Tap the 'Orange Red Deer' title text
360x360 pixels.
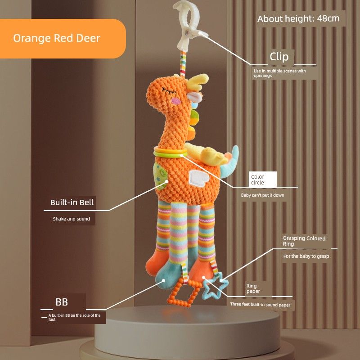click(x=56, y=38)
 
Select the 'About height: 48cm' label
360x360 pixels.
click(x=298, y=19)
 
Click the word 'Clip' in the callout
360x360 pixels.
click(x=279, y=57)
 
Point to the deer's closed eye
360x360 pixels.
click(x=167, y=90)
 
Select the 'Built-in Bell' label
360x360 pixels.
click(x=72, y=202)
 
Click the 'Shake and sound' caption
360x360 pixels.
click(x=72, y=219)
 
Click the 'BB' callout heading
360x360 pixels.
click(x=62, y=301)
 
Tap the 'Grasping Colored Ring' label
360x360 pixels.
click(x=304, y=241)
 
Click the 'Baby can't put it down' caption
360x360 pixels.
click(x=262, y=195)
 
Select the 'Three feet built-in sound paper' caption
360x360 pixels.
click(x=260, y=305)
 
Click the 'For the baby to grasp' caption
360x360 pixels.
click(x=306, y=256)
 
